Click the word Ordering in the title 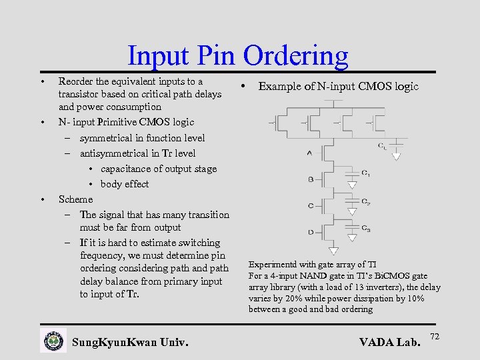[295, 56]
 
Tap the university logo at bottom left [53, 341]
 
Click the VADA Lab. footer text [390, 343]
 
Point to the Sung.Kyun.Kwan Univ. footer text [130, 343]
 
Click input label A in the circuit [309, 153]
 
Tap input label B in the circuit [311, 179]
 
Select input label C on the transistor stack [311, 205]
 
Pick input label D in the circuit [311, 232]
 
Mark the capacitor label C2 [366, 201]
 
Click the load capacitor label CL [381, 145]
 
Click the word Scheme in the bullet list [75, 199]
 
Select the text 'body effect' [125, 184]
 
